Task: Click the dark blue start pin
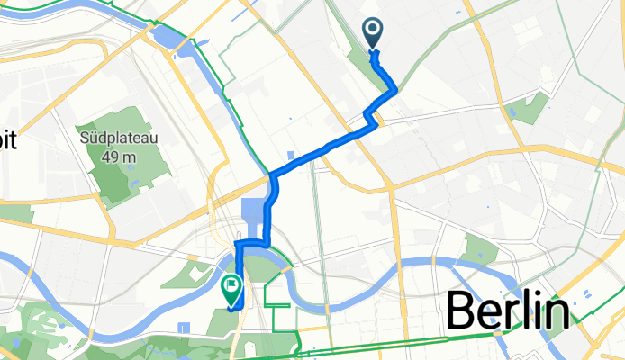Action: click(x=374, y=34)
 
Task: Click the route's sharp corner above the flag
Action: click(x=237, y=244)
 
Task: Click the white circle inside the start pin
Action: click(x=374, y=30)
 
